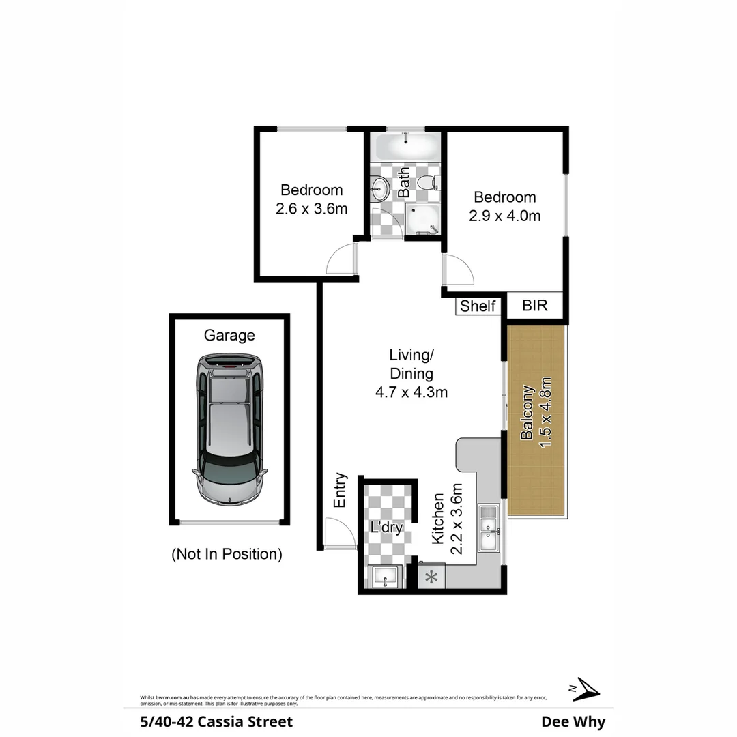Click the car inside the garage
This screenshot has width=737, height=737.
[x=229, y=430]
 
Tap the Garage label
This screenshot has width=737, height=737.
[x=229, y=335]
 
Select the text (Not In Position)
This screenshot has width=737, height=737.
[x=227, y=554]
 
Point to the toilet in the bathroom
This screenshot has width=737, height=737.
[x=428, y=183]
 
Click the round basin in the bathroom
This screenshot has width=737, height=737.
[x=379, y=187]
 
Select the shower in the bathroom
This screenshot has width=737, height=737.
[x=421, y=220]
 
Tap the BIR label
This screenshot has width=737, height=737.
[x=535, y=305]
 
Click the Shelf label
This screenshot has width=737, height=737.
[x=478, y=306]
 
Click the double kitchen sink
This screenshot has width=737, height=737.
[x=489, y=528]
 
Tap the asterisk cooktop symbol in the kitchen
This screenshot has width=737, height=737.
[x=431, y=578]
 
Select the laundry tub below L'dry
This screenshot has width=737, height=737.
[x=386, y=577]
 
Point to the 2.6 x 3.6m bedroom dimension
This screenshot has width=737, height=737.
[x=312, y=209]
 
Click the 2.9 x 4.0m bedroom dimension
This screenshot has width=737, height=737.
[x=505, y=216]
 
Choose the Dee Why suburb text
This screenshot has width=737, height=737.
[x=573, y=721]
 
